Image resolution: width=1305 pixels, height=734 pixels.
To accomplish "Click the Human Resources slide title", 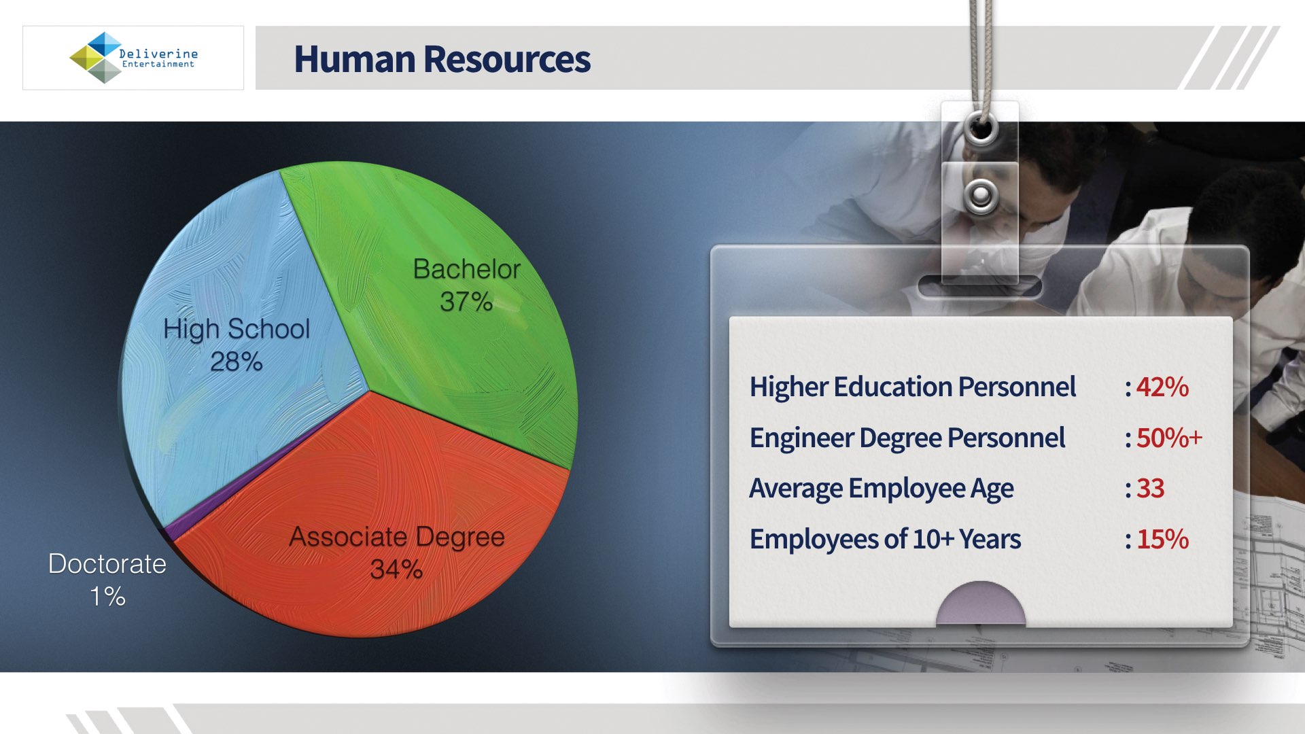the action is [x=442, y=59].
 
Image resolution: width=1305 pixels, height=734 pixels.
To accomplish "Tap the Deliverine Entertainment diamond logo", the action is [x=97, y=58].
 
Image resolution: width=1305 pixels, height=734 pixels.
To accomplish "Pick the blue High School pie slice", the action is [x=231, y=353].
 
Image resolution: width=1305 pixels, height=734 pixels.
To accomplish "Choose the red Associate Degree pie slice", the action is [x=381, y=530].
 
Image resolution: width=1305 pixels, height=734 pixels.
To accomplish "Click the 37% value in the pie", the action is [x=466, y=302].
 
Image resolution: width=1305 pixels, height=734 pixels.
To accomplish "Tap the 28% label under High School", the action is [x=237, y=362].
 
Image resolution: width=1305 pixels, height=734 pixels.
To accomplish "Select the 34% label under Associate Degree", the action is [x=396, y=570].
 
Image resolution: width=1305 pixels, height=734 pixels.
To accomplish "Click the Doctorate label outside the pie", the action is [x=107, y=564].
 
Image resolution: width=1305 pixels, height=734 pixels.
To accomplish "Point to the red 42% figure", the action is [x=1162, y=387].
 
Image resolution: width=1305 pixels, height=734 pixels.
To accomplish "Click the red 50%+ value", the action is [x=1170, y=438].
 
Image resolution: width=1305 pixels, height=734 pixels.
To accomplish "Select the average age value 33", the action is [x=1151, y=489].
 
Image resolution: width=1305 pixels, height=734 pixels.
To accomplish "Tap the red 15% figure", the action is [x=1163, y=540].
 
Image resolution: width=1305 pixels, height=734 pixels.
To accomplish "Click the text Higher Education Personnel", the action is [x=913, y=387].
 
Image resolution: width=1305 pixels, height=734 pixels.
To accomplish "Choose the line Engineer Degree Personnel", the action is [x=907, y=438].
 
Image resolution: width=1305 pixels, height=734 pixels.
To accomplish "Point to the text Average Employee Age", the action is [x=882, y=489].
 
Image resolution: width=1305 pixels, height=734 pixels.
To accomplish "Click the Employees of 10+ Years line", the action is [x=885, y=540].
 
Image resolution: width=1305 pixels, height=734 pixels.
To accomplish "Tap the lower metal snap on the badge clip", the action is [x=981, y=196].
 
